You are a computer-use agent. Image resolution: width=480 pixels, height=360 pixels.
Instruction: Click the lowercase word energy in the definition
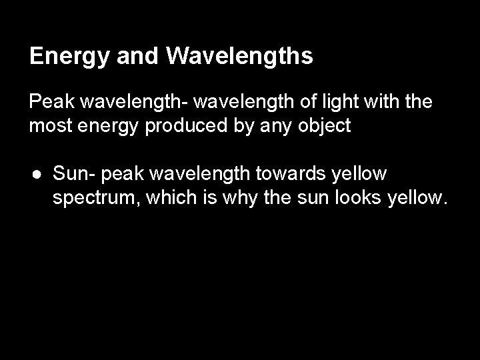click(x=107, y=127)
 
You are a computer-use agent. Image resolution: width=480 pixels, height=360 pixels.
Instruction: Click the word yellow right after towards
click(x=357, y=175)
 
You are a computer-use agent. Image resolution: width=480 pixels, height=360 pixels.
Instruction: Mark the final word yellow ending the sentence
click(x=414, y=197)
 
